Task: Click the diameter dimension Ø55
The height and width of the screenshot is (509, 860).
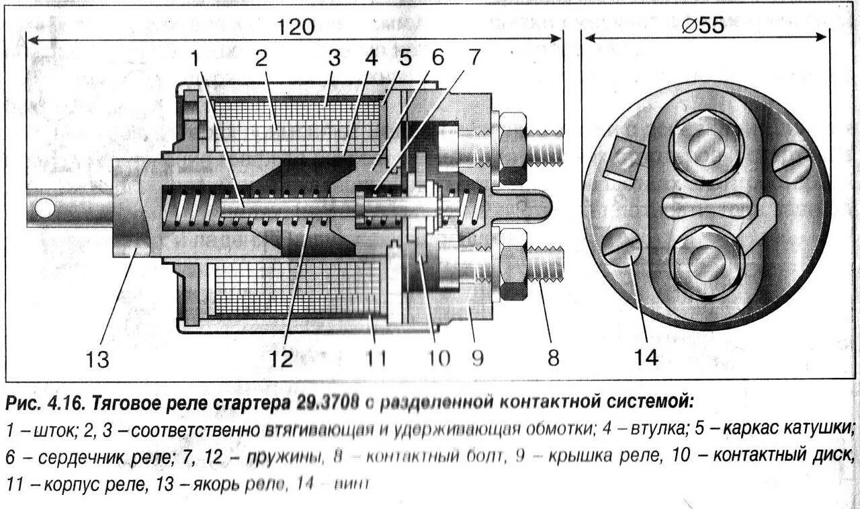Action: coord(703,26)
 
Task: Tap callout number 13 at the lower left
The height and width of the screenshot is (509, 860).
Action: coord(97,360)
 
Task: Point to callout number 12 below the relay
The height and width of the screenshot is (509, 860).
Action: coord(282,360)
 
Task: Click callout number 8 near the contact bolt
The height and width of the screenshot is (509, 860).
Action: coord(552,358)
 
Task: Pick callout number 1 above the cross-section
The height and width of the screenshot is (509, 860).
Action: coord(195,58)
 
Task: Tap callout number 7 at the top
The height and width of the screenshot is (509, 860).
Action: coord(474,58)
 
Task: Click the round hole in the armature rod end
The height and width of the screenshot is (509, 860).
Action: coord(45,208)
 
